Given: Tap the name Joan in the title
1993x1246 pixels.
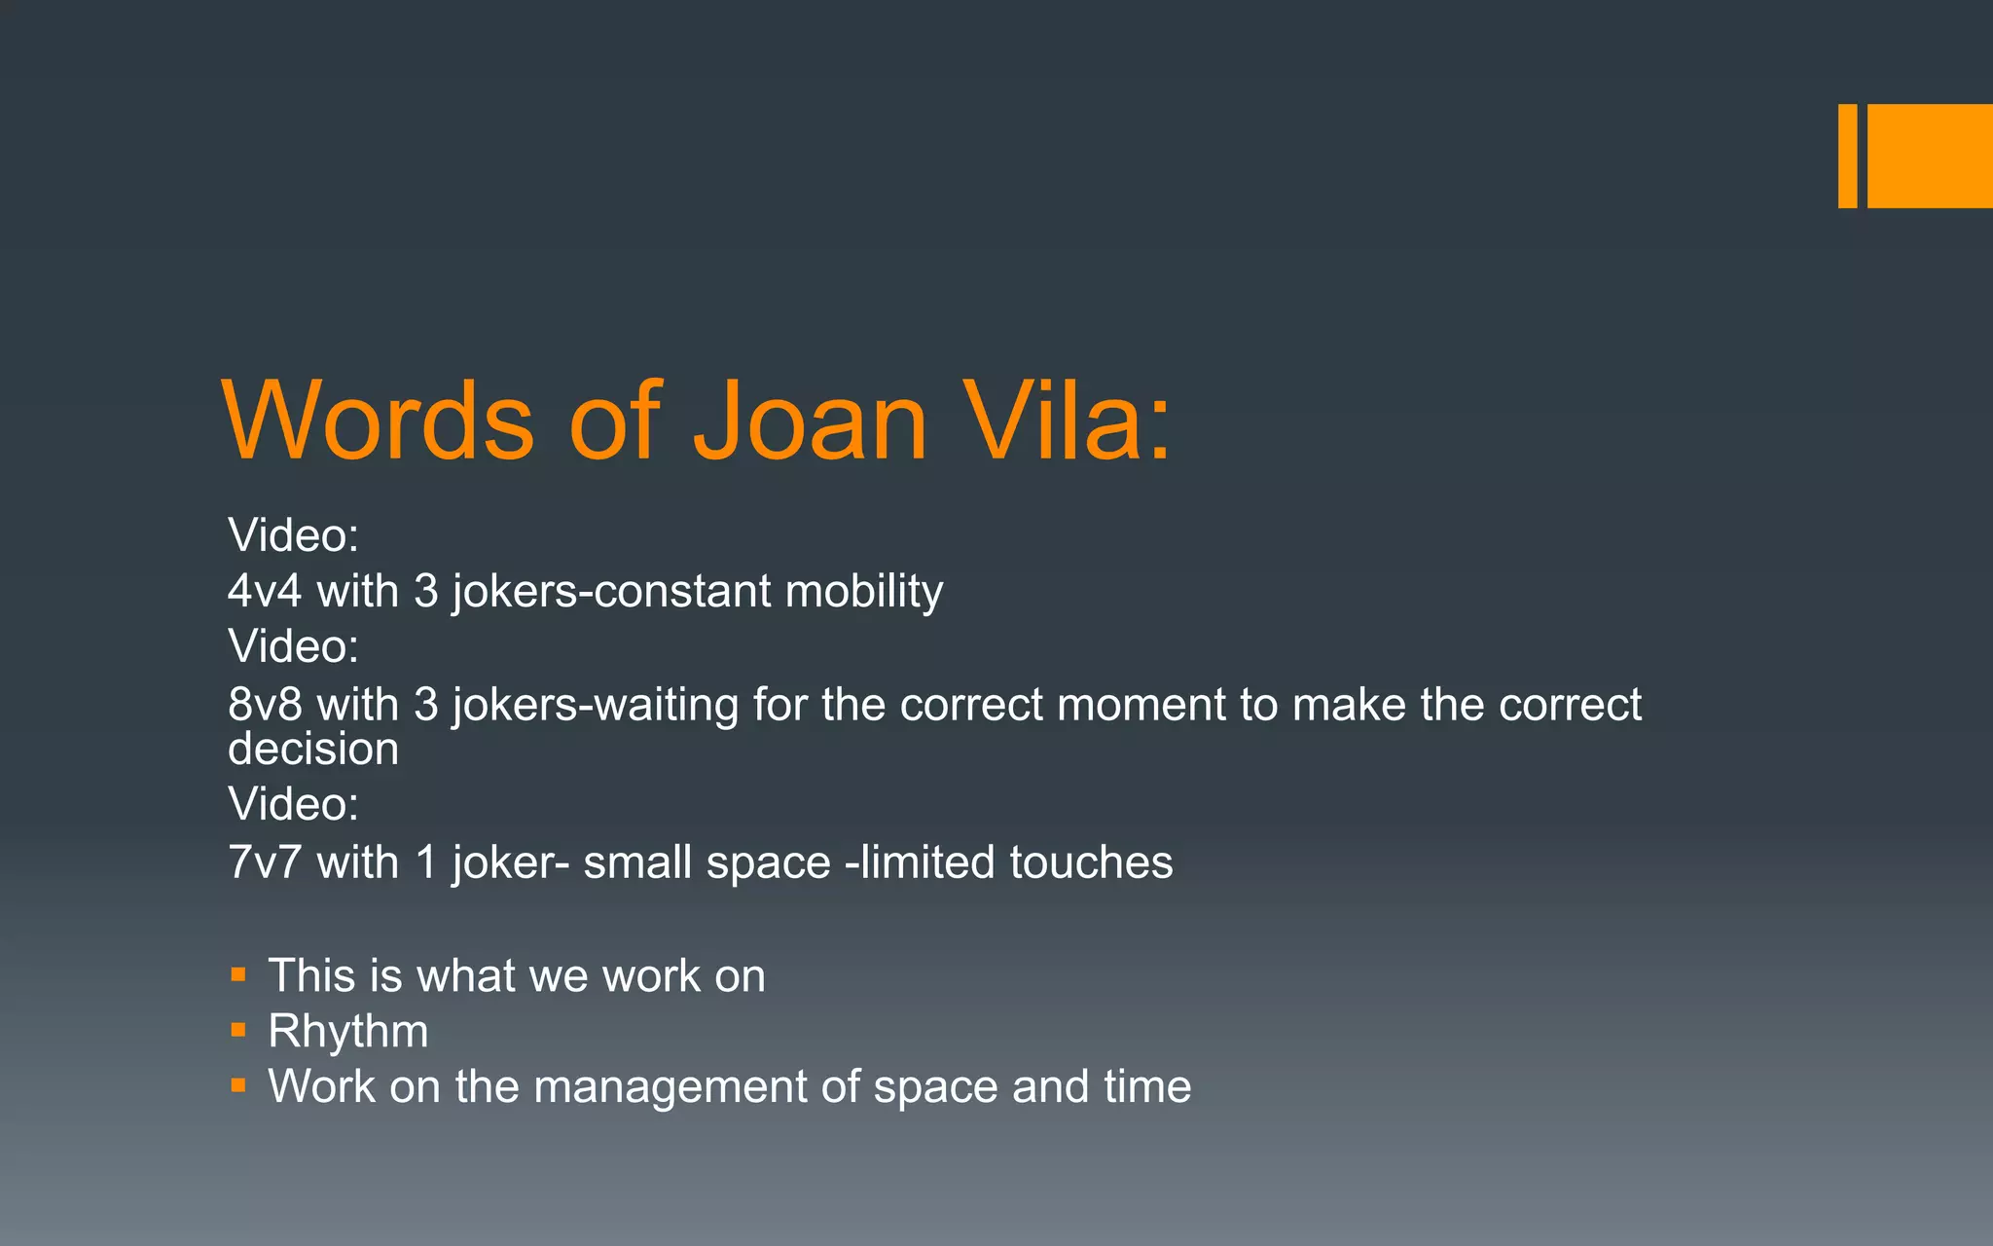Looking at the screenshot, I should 810,421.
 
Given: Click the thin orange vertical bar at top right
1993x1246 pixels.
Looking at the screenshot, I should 1847,156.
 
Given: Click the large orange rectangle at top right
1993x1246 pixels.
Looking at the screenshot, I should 1930,156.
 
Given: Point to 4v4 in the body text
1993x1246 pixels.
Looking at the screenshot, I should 265,592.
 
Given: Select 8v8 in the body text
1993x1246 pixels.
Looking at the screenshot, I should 265,705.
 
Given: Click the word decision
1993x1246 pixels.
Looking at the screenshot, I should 313,750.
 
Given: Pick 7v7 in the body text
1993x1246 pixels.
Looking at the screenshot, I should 265,862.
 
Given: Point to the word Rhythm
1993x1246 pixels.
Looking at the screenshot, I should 347,1031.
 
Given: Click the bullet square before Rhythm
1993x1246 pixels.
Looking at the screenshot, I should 238,1029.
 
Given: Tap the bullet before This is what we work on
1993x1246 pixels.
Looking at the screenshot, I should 238,973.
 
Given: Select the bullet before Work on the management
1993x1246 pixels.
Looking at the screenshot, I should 238,1084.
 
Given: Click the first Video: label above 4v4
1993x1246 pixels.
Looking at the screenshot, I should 293,535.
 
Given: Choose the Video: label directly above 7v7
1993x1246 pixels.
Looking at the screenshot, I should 293,804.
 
